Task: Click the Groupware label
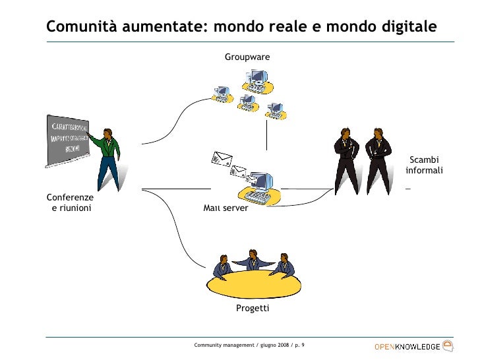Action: [247, 57]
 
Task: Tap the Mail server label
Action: [226, 208]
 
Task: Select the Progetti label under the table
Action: [253, 309]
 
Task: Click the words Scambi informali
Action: [424, 165]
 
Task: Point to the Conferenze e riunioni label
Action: [71, 203]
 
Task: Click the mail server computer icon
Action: [261, 187]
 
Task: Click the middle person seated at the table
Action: [253, 259]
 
